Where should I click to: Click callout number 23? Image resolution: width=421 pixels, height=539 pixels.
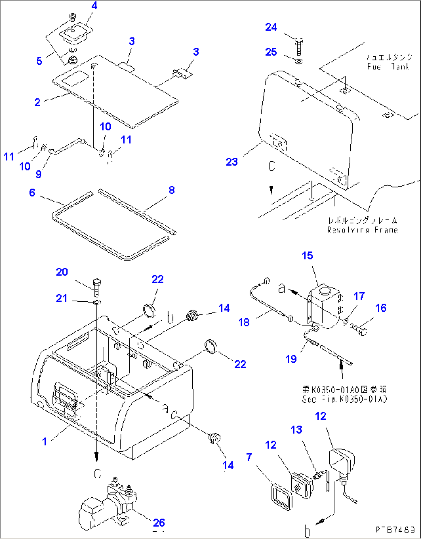[231, 162]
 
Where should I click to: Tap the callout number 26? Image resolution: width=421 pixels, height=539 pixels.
[159, 522]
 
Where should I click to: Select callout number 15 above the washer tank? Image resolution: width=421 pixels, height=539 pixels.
[307, 255]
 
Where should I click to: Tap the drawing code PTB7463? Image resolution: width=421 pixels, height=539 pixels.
[394, 529]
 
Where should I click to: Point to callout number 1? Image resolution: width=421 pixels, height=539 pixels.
[44, 441]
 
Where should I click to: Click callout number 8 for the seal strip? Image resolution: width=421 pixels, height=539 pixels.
[171, 190]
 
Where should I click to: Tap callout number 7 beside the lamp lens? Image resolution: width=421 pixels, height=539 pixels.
[249, 457]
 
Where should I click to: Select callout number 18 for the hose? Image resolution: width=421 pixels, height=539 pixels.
[244, 322]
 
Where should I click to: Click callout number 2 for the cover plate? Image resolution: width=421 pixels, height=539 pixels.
[37, 102]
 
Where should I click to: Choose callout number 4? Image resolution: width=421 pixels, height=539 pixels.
[94, 6]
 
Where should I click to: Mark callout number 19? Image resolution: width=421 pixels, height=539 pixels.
[291, 359]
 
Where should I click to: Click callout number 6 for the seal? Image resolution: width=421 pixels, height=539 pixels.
[32, 193]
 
